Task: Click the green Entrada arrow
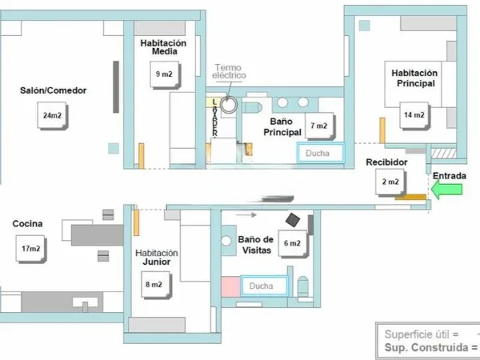coord(446,189)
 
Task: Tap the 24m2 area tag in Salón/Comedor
coord(52,115)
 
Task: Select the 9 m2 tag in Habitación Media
coord(165,74)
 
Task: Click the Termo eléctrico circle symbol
coord(229,105)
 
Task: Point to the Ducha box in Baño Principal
coord(320,153)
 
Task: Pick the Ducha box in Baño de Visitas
coord(265,286)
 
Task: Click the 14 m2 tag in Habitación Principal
coord(414,115)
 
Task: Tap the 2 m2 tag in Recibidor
coord(390,182)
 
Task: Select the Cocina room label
coord(27,223)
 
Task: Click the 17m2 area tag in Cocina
coord(31,249)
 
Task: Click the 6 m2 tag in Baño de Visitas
coord(293,244)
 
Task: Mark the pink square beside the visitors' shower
coord(230,286)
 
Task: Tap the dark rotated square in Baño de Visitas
coord(293,220)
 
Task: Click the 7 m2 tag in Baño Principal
coord(319,126)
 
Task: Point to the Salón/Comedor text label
coord(54,90)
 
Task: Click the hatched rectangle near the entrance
coord(444,153)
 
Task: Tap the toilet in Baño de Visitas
coord(302,288)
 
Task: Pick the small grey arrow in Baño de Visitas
coord(246,215)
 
